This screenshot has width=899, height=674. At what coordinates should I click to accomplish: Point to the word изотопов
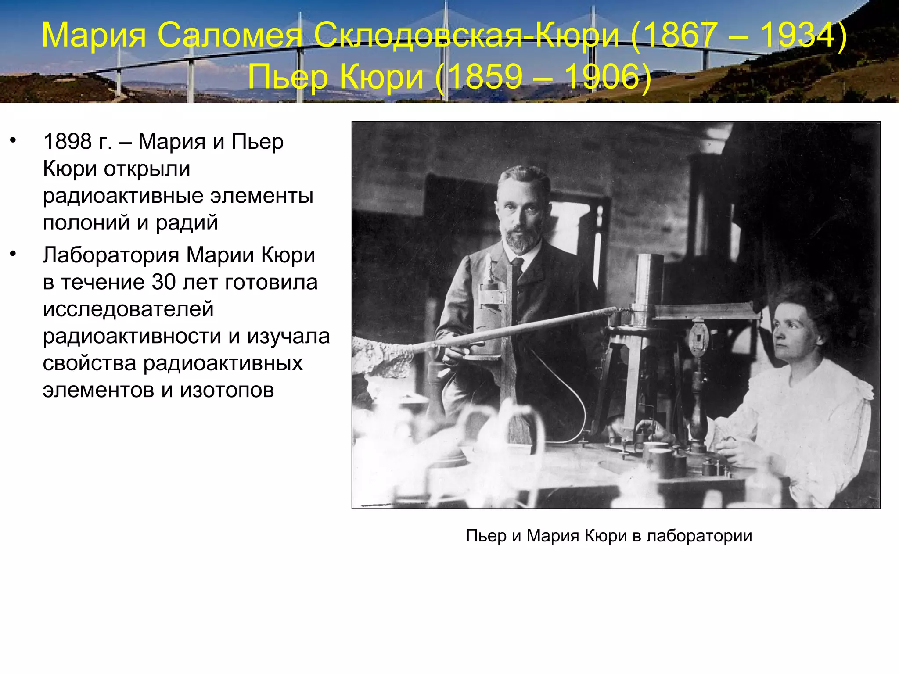coord(227,390)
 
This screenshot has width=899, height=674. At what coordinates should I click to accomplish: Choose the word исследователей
coord(128,309)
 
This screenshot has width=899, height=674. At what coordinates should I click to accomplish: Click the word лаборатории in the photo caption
coord(699,536)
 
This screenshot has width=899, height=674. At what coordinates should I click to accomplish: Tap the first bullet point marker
coord(13,140)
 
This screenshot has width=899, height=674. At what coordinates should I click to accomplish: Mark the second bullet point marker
coord(13,254)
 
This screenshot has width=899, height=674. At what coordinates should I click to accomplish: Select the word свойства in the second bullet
coord(90,363)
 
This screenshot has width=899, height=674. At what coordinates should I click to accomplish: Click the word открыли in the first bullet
coord(147,169)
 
